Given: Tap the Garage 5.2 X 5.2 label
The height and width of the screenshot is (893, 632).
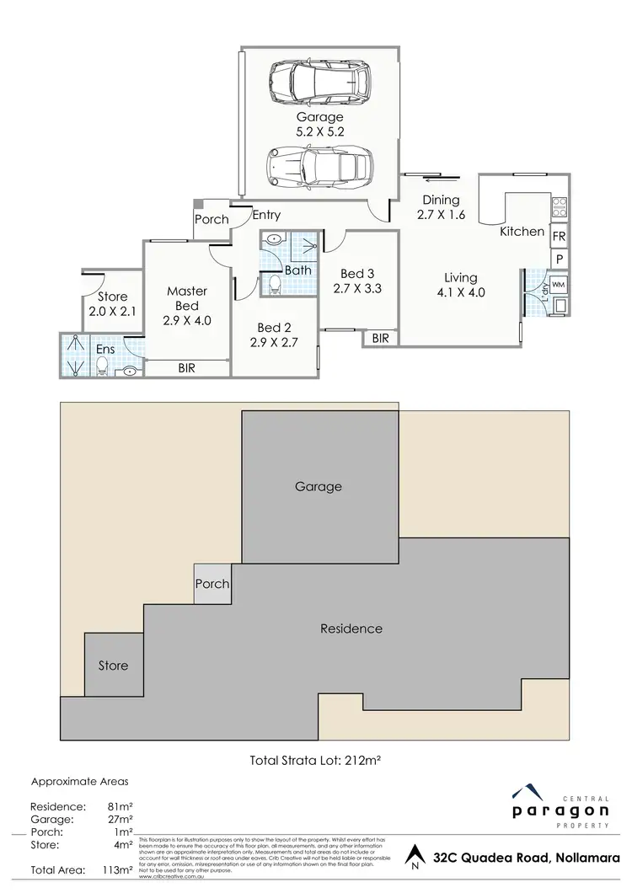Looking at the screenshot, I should pyautogui.click(x=319, y=125).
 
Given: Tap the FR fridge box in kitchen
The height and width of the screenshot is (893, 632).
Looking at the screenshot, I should pyautogui.click(x=559, y=235).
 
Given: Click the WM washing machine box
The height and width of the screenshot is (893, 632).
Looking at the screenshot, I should pyautogui.click(x=557, y=285).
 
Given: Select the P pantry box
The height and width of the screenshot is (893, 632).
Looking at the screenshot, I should pyautogui.click(x=559, y=259).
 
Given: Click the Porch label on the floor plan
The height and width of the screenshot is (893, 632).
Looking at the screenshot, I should pyautogui.click(x=212, y=220).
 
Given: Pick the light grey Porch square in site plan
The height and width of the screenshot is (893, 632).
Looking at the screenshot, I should pyautogui.click(x=212, y=584).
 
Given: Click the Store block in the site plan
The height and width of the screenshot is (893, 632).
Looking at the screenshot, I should pyautogui.click(x=113, y=666).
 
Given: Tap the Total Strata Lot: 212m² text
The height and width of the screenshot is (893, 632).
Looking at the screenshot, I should pyautogui.click(x=316, y=760).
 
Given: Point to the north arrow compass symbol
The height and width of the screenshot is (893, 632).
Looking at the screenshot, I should pyautogui.click(x=413, y=859).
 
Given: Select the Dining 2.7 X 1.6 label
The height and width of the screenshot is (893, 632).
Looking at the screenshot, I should pyautogui.click(x=441, y=207).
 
